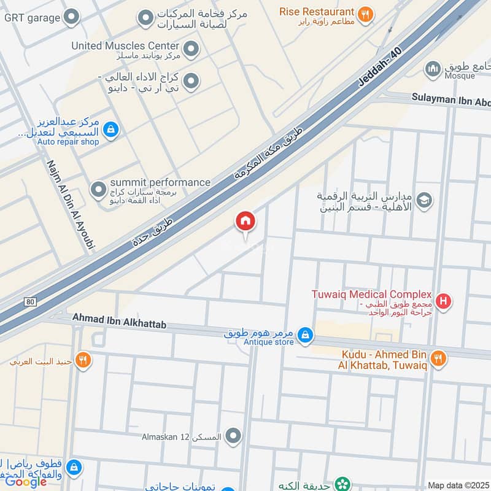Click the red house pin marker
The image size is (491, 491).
click(245, 222)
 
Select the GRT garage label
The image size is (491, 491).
click(32, 17)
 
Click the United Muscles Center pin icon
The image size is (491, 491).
click(191, 47)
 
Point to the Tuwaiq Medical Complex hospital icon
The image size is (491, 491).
click(445, 301)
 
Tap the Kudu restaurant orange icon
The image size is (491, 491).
click(438, 358)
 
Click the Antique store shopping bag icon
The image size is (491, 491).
click(305, 335)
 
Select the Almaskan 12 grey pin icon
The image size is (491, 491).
click(233, 436)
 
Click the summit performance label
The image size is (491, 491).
click(160, 182)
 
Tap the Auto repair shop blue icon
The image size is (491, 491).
click(111, 129)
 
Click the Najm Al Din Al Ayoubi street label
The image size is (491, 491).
click(71, 206)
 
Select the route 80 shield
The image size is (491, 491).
click(30, 301)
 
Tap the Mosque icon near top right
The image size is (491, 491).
click(434, 68)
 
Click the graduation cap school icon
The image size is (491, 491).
click(423, 200)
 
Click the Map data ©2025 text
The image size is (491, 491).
click(458, 485)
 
